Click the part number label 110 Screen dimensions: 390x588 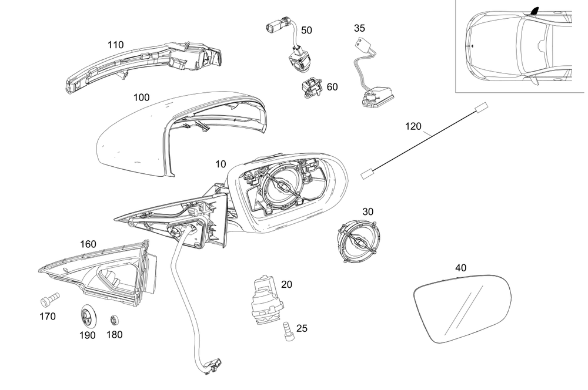pos(116,44)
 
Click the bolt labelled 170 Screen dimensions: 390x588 pos(49,300)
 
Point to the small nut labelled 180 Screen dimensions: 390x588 pos(114,321)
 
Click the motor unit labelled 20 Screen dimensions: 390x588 pos(264,298)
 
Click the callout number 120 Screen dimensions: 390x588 pos(413,126)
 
